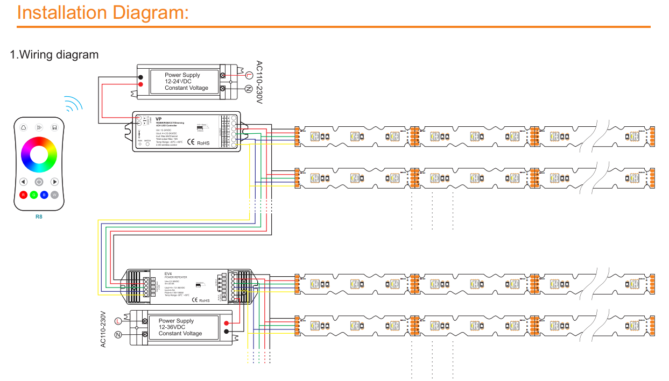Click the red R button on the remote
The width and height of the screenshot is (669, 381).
(23, 195)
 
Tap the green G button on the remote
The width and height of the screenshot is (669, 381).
(33, 195)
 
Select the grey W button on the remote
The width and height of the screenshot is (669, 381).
(54, 195)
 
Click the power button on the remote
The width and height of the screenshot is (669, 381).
(39, 182)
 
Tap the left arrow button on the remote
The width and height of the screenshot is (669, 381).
(23, 182)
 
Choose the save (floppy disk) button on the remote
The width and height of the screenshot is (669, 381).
(54, 127)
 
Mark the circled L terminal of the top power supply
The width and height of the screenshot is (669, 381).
(249, 76)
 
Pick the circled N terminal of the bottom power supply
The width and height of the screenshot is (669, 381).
(118, 335)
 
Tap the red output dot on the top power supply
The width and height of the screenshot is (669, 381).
(140, 84)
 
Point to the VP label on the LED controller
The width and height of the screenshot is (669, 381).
(159, 118)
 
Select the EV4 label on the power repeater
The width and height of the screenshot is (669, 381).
(168, 274)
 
